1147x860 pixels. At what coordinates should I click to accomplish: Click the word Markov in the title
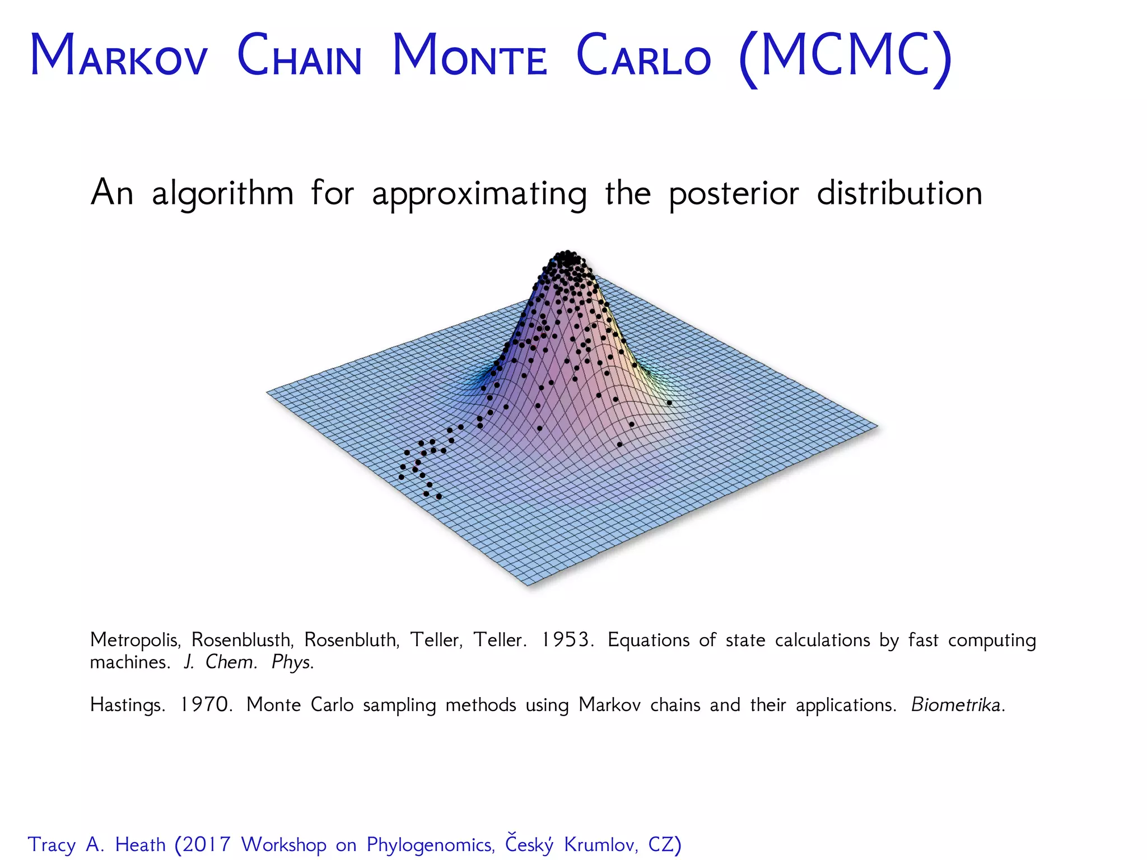(119, 56)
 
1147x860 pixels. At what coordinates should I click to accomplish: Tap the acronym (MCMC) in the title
(845, 57)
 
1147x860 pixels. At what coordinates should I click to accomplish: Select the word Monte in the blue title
(469, 56)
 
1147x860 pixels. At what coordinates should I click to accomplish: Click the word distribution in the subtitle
(899, 193)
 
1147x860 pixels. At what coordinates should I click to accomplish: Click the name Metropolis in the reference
(135, 640)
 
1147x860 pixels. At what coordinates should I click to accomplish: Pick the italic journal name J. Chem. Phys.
(249, 662)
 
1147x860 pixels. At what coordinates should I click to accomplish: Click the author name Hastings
(127, 705)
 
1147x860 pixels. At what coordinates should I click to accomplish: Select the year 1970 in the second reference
(205, 704)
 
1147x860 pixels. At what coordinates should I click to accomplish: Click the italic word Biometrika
(957, 704)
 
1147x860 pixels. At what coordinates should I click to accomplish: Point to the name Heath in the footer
(140, 844)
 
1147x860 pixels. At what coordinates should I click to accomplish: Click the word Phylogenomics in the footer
(430, 844)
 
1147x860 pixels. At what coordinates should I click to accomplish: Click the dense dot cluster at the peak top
(567, 260)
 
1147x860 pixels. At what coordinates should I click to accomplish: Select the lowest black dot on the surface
(439, 497)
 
